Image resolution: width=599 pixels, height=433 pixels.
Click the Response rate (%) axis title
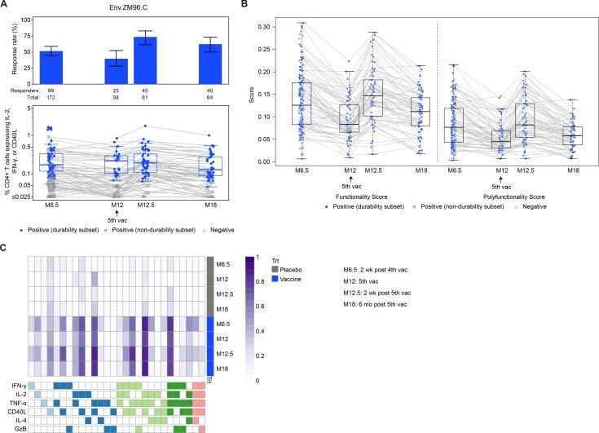pos(7,50)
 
